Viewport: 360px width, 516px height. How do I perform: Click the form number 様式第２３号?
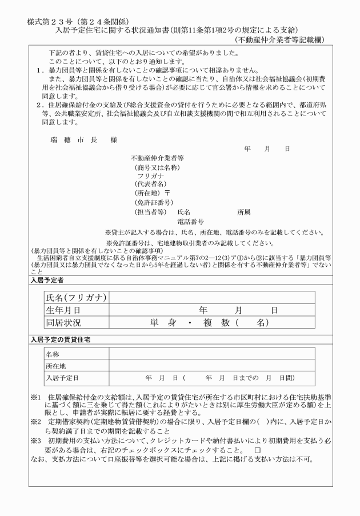tap(50, 21)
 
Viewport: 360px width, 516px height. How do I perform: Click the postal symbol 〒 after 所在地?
tap(168, 194)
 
